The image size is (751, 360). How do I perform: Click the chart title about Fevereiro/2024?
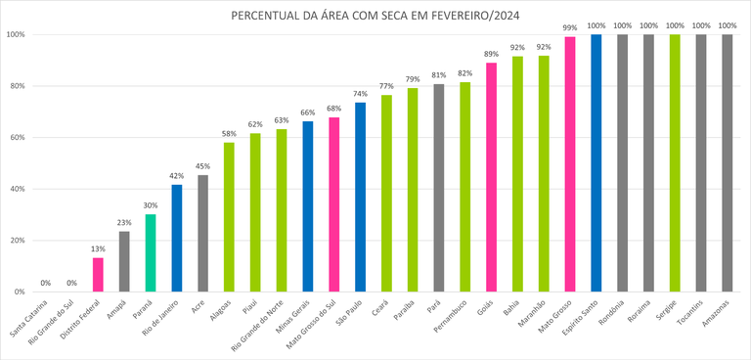pyautogui.click(x=375, y=16)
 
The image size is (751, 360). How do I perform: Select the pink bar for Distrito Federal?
pyautogui.click(x=98, y=275)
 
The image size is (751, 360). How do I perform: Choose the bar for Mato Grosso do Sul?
pyautogui.click(x=333, y=204)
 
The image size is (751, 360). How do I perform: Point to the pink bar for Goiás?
pyautogui.click(x=491, y=177)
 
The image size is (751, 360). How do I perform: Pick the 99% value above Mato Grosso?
pyautogui.click(x=570, y=28)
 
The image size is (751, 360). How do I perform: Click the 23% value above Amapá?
pyautogui.click(x=124, y=222)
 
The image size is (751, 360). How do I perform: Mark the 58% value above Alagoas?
pyautogui.click(x=229, y=134)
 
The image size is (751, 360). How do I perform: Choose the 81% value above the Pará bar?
pyautogui.click(x=439, y=74)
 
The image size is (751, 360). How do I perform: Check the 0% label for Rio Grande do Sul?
pyautogui.click(x=71, y=284)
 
